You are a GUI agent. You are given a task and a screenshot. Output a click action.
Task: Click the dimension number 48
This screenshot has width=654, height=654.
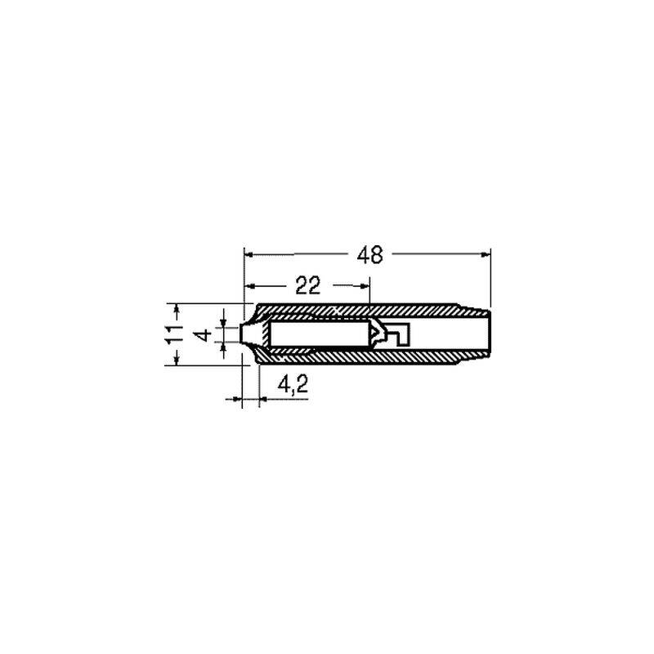point(370,255)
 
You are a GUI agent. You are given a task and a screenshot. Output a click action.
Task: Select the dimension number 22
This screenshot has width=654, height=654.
point(308,285)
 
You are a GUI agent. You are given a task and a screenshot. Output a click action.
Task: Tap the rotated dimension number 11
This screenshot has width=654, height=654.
point(174,334)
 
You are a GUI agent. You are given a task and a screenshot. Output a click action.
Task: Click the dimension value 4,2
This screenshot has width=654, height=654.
point(293,383)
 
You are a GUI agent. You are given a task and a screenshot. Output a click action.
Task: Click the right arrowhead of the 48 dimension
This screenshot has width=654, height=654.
point(486,254)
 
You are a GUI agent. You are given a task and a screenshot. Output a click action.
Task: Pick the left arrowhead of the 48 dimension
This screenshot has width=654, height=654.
point(249,254)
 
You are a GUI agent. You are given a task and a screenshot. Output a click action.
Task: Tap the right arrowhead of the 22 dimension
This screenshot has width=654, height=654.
point(365,285)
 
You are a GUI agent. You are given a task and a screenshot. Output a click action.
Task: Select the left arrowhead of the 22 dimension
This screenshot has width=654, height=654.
point(249,285)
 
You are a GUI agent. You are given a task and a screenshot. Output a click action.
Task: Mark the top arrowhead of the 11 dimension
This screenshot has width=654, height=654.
point(177,309)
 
